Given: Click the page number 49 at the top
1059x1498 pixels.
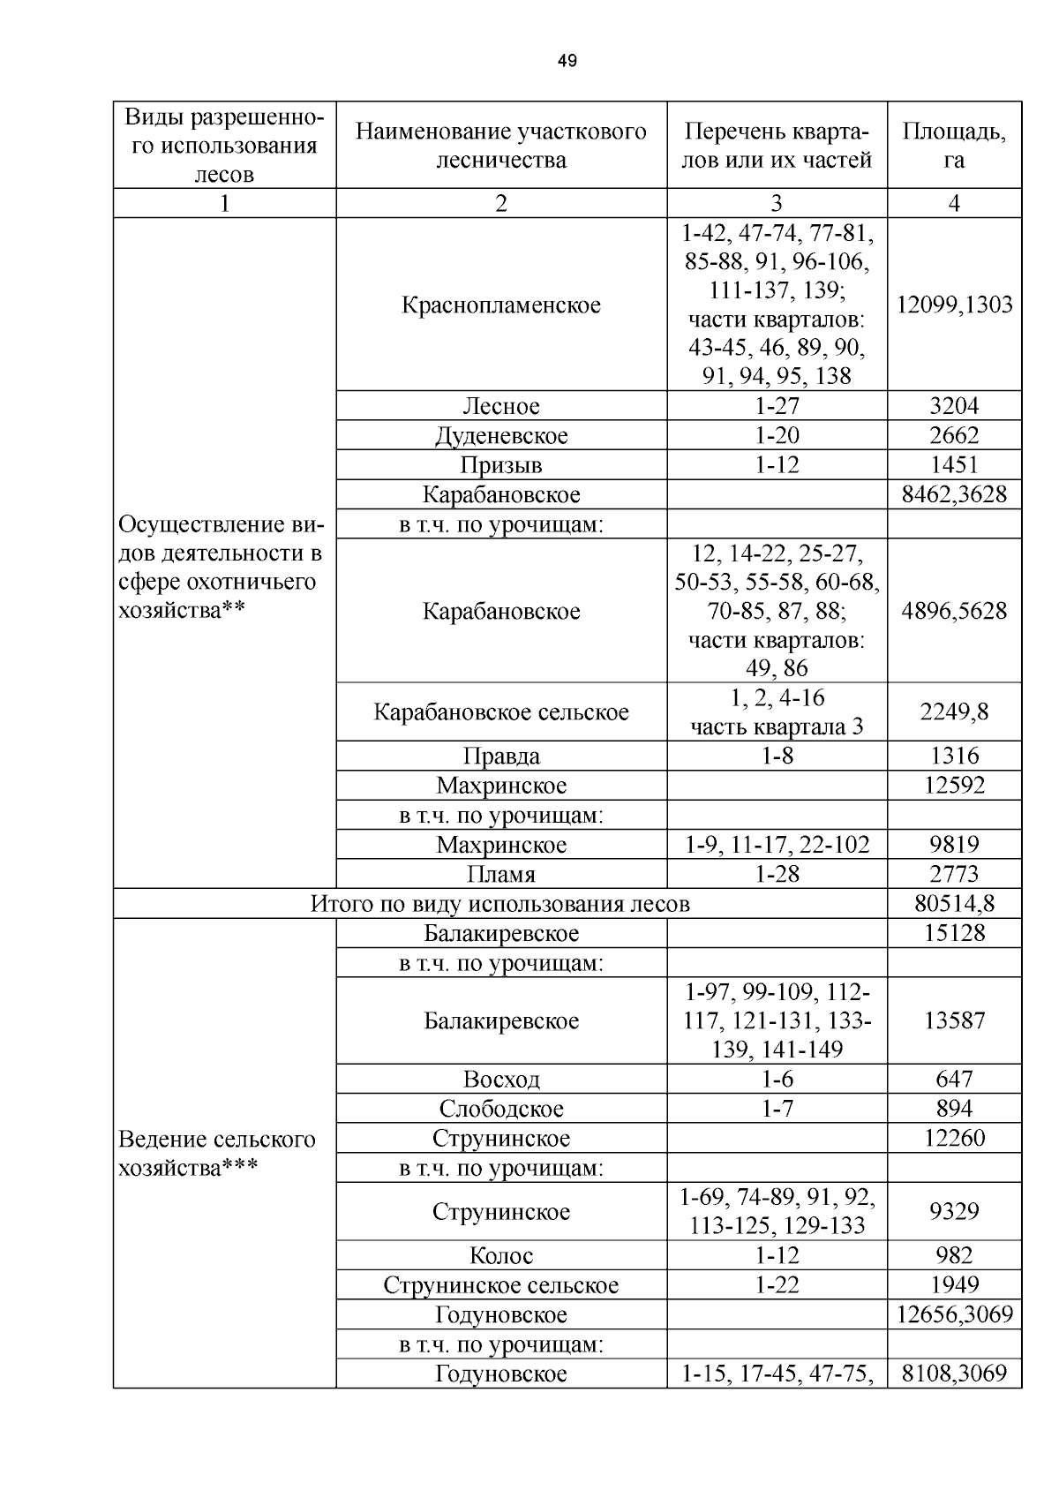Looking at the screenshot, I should click(567, 61).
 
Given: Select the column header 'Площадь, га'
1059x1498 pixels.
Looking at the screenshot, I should click(954, 146).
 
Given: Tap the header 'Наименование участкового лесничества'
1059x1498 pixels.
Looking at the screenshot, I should click(501, 146).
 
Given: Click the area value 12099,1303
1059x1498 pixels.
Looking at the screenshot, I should click(954, 305).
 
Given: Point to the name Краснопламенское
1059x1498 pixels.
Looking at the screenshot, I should click(501, 305).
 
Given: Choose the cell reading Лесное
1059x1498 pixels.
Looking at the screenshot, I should click(501, 406).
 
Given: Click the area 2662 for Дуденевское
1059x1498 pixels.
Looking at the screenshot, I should click(954, 435).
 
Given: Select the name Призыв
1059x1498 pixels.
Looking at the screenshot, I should click(501, 465).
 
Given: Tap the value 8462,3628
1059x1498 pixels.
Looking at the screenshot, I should click(954, 494).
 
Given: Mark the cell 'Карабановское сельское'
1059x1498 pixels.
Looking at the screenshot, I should click(501, 712).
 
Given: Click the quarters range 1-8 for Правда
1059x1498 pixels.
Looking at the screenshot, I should click(777, 756).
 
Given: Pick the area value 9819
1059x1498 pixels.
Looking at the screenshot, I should click(954, 845).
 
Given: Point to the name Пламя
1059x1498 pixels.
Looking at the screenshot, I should click(501, 875).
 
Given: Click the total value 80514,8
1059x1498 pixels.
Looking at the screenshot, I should click(954, 904).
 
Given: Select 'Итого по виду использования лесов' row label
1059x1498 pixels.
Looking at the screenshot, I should click(499, 904).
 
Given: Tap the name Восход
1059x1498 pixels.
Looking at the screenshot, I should click(501, 1080).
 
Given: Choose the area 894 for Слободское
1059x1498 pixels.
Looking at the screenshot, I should click(954, 1109).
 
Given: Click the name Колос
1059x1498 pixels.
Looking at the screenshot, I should click(501, 1255).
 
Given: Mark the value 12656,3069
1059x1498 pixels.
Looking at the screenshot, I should click(954, 1314).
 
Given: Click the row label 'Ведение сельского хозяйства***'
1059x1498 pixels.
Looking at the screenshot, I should click(217, 1154).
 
